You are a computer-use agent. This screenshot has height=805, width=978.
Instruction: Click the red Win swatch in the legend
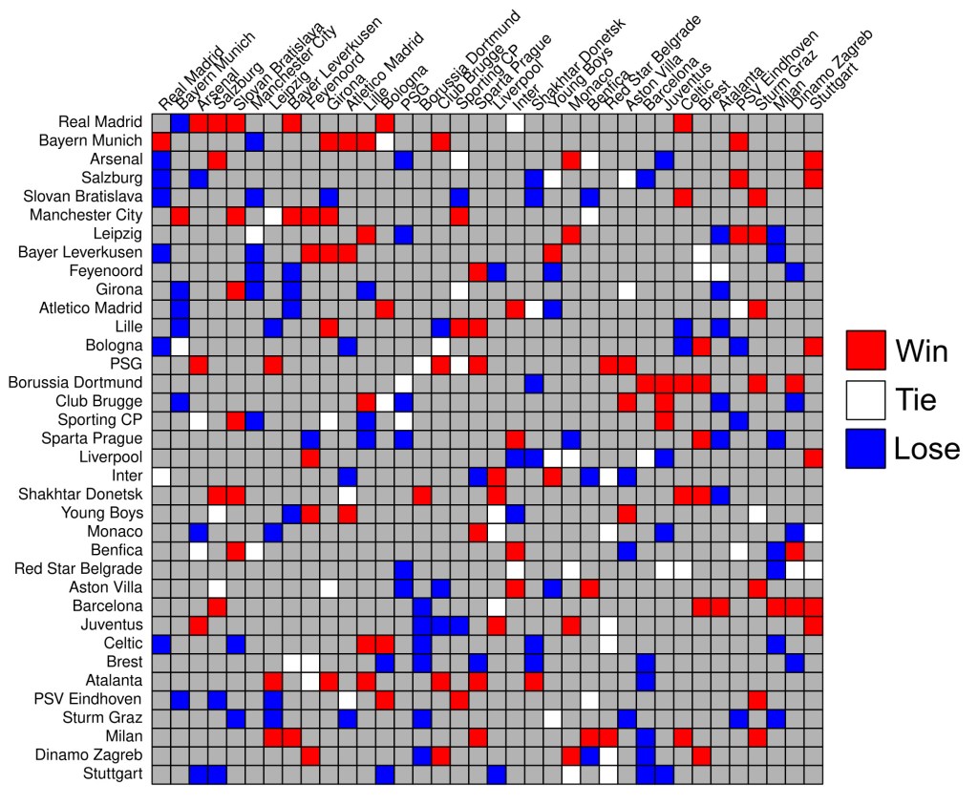(866, 350)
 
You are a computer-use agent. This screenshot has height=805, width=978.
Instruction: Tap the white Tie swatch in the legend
(866, 399)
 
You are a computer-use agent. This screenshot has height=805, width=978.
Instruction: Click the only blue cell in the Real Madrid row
(180, 122)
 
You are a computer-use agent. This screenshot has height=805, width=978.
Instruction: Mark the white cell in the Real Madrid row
(515, 122)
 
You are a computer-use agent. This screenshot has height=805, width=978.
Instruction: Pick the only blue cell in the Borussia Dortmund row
(533, 382)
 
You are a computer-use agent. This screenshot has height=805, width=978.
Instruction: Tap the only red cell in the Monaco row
(478, 531)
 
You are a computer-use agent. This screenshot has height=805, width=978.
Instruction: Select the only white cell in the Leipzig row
(254, 233)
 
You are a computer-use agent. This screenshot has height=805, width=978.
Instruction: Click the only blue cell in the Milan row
(645, 735)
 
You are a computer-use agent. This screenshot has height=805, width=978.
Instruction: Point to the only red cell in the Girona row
(236, 289)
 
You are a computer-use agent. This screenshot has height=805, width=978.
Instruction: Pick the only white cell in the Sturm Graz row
(552, 717)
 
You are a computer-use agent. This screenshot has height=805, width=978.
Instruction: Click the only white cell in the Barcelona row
(496, 605)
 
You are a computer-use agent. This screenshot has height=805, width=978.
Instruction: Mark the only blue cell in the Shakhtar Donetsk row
(719, 494)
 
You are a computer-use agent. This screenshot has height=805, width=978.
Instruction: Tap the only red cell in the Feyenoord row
(478, 270)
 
